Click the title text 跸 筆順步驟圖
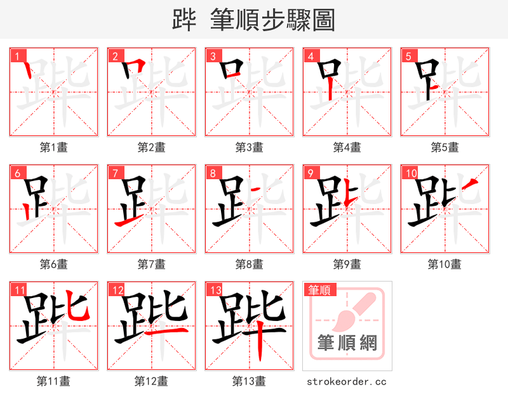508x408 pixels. click(x=253, y=20)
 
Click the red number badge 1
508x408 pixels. click(x=17, y=57)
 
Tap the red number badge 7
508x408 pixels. click(x=114, y=173)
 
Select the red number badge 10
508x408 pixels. click(x=410, y=173)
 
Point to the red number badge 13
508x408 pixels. click(x=215, y=290)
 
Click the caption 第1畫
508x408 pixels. click(x=54, y=147)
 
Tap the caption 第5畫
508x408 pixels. click(x=444, y=147)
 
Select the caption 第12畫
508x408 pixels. click(x=152, y=381)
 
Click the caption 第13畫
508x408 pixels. click(x=250, y=381)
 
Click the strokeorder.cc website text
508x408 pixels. click(x=347, y=381)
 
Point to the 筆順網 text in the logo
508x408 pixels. click(x=347, y=344)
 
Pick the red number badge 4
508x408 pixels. click(x=310, y=57)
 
